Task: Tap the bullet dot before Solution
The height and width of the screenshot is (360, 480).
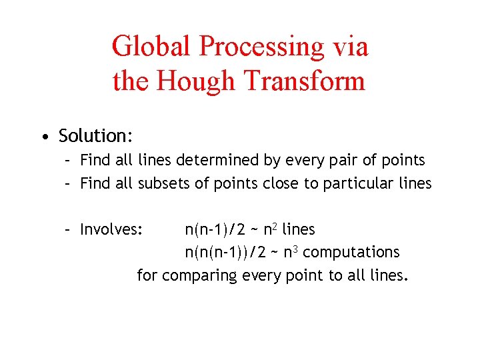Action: (x=43, y=137)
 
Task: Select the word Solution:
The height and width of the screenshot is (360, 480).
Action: (x=95, y=136)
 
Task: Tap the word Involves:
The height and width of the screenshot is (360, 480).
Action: (x=111, y=229)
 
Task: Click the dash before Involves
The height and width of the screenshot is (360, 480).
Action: (x=68, y=230)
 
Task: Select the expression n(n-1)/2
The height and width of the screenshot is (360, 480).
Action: (x=215, y=229)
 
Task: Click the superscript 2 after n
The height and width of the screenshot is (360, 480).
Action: (x=275, y=225)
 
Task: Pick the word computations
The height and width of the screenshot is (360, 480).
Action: (x=351, y=252)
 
